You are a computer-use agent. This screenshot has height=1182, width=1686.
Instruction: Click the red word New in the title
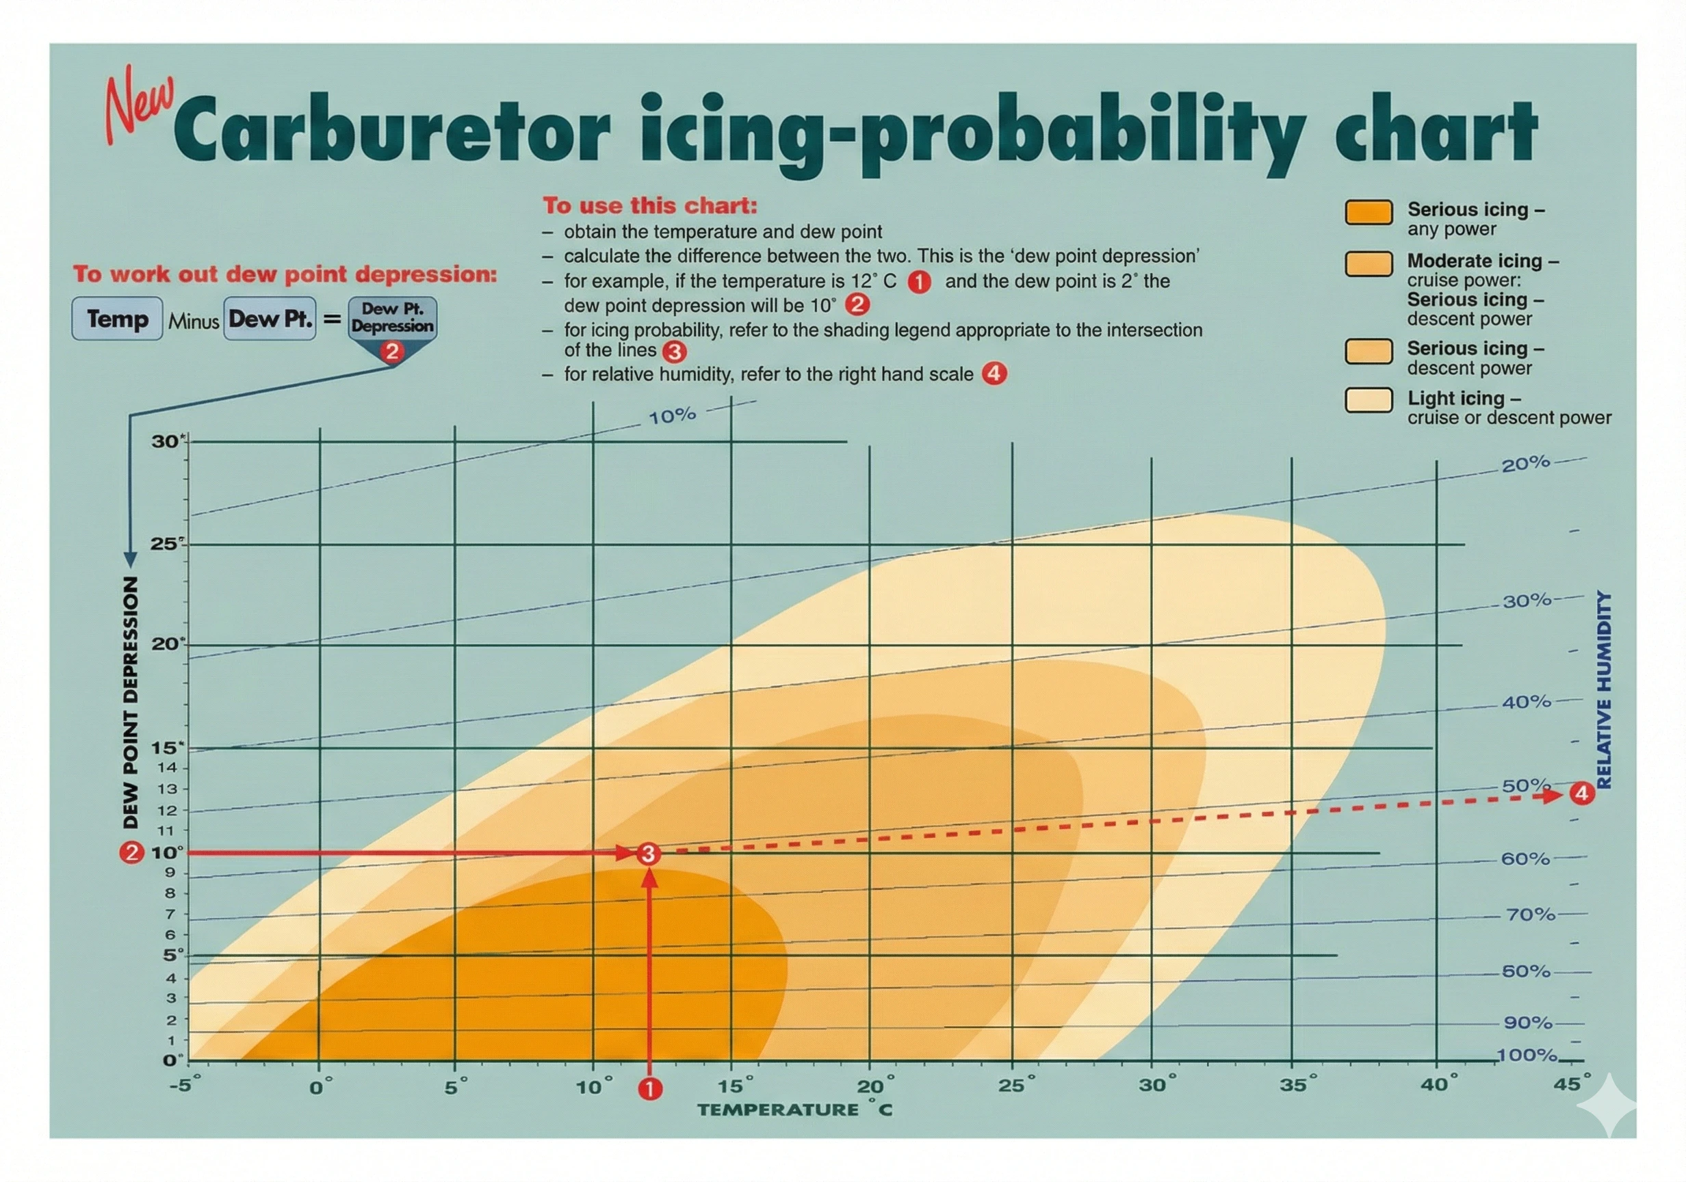[x=140, y=103]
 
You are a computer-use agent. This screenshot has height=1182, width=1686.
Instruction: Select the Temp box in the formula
[x=118, y=319]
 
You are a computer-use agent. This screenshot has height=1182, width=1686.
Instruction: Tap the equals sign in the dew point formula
[x=333, y=319]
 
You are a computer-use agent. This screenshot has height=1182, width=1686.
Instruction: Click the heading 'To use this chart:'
[x=649, y=206]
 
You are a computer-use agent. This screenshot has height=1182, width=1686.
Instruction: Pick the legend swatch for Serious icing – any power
[x=1368, y=212]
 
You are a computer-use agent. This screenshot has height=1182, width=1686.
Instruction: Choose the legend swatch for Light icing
[x=1368, y=400]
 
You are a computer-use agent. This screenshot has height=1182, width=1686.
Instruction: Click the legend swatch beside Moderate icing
[x=1368, y=264]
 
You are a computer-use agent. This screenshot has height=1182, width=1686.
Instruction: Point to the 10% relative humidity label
[x=672, y=417]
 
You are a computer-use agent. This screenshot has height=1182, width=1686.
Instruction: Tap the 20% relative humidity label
[x=1525, y=464]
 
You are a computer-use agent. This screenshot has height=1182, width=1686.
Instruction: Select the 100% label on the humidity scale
[x=1527, y=1055]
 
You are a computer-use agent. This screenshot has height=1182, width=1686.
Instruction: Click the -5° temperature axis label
[x=184, y=1086]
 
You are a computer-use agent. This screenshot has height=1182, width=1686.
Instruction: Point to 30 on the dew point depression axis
[x=166, y=441]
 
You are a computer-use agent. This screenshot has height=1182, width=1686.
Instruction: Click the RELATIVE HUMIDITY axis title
[x=1604, y=690]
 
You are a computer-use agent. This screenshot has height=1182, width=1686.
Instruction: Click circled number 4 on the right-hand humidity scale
[x=1582, y=793]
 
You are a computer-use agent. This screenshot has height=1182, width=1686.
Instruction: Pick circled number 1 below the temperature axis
[x=650, y=1089]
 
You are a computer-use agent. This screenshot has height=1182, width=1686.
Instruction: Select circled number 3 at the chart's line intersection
[x=648, y=854]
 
